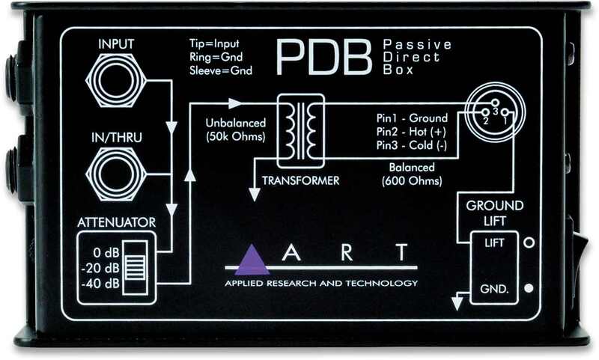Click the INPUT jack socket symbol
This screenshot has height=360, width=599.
click(x=116, y=81)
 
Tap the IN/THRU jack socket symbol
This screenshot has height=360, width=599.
click(x=116, y=174)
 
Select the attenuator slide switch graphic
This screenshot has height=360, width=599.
click(x=135, y=268)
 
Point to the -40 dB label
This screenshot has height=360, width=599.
click(x=100, y=284)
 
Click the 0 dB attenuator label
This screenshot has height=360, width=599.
click(x=106, y=253)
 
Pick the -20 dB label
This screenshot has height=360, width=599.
click(x=100, y=268)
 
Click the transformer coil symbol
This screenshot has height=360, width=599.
click(x=301, y=131)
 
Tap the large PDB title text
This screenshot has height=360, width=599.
click(x=323, y=58)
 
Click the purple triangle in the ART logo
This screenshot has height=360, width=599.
click(x=252, y=260)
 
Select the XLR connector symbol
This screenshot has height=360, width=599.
click(x=495, y=112)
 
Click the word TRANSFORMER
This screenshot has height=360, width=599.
click(x=301, y=180)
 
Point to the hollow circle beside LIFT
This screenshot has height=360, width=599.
click(x=529, y=242)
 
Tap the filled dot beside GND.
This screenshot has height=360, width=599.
click(x=529, y=288)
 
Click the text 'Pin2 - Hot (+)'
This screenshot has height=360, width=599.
click(x=411, y=132)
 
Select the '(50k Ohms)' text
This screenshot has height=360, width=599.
click(x=236, y=137)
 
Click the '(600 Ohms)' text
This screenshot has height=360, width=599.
click(x=412, y=180)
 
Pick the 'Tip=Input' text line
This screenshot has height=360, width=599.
click(x=214, y=43)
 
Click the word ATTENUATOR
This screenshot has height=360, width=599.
click(x=117, y=222)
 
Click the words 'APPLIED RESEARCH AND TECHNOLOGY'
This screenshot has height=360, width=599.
click(x=321, y=283)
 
